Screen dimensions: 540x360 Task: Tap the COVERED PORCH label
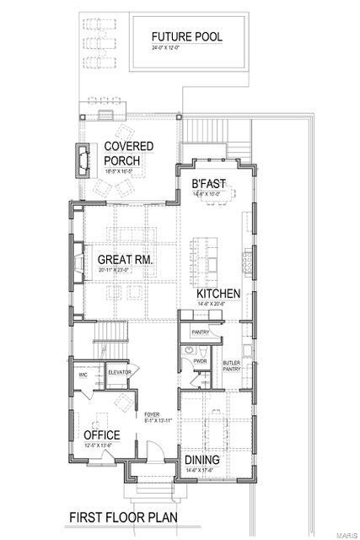(x=128, y=153)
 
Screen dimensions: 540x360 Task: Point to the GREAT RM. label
(x=125, y=260)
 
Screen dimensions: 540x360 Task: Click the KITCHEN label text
(x=219, y=293)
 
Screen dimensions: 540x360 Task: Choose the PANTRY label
(x=200, y=332)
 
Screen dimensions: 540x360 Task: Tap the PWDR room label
(x=200, y=361)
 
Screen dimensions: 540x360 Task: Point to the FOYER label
(x=152, y=415)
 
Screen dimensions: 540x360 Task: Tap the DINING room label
(x=202, y=460)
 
